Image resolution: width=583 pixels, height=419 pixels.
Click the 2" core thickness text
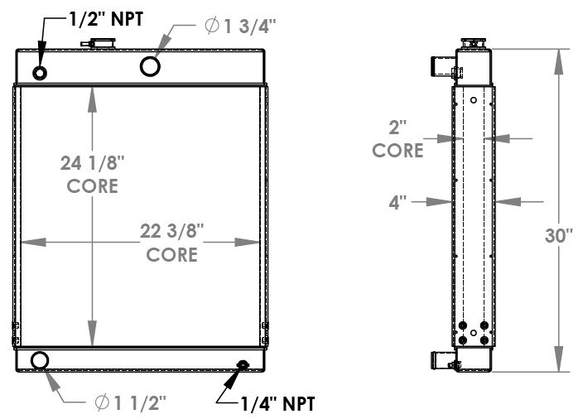tap(397, 140)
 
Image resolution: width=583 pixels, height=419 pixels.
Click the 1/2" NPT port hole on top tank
tap(41, 73)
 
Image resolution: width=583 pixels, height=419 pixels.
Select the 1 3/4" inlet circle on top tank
tap(151, 65)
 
